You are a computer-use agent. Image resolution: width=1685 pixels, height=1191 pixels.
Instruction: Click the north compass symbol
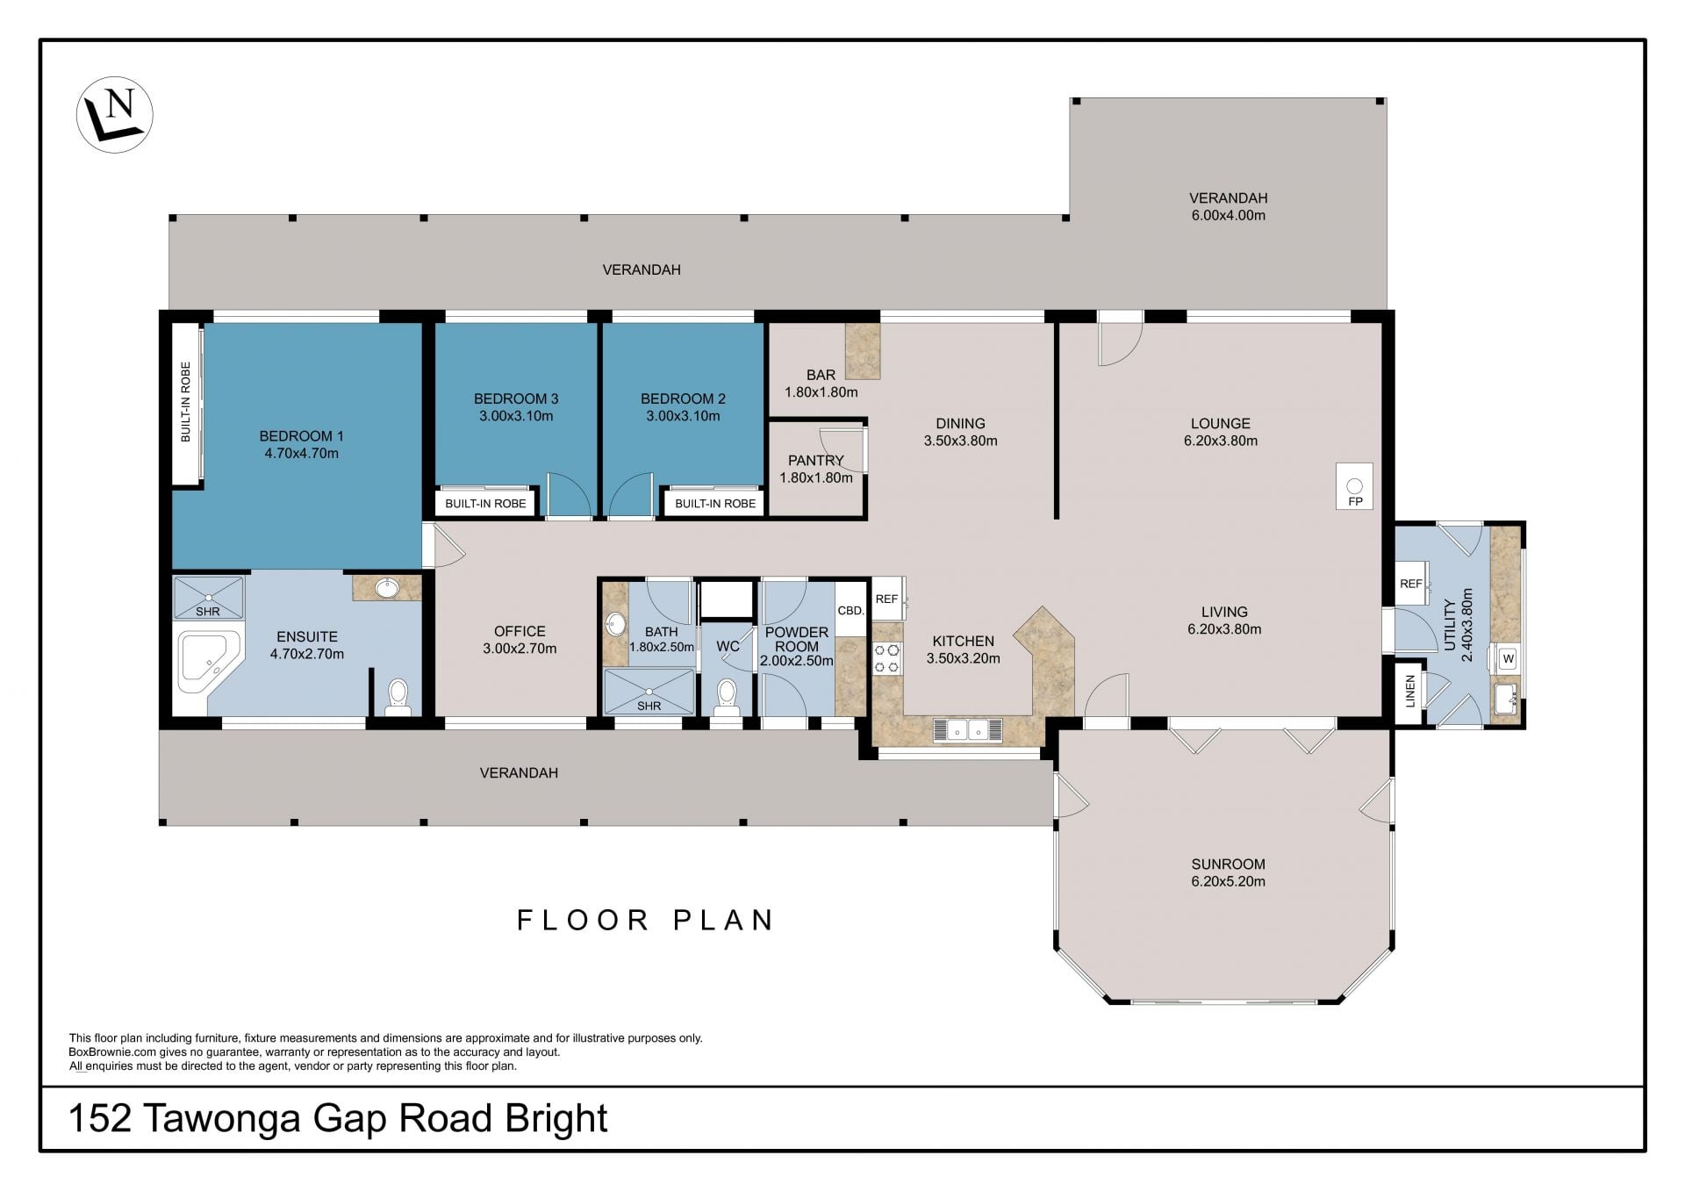(115, 115)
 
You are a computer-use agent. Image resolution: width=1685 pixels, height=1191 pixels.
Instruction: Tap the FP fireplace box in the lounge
(1355, 486)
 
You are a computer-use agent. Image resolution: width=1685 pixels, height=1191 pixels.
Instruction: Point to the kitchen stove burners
(887, 658)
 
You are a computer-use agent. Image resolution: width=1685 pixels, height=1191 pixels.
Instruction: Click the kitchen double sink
(968, 729)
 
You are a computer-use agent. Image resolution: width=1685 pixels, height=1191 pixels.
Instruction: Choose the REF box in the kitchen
(887, 599)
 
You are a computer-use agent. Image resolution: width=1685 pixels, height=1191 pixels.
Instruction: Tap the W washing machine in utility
(1508, 657)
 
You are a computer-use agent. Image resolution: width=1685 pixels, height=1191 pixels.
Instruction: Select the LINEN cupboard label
(1410, 691)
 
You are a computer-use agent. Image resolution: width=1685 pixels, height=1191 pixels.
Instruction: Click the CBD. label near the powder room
(850, 610)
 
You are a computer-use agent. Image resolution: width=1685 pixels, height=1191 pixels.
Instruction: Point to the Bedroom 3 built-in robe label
(485, 504)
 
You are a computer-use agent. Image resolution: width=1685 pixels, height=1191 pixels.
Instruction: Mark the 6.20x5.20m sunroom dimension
(1228, 881)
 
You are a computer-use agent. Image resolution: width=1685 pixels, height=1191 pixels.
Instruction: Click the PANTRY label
(815, 460)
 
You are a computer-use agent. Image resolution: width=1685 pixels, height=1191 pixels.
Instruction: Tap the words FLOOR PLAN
(645, 920)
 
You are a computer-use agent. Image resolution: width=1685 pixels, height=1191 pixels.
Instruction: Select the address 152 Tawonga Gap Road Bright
(338, 1118)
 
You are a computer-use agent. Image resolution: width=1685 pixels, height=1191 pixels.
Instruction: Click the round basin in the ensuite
(387, 587)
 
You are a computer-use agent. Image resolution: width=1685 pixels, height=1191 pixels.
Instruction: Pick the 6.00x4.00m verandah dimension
(1228, 215)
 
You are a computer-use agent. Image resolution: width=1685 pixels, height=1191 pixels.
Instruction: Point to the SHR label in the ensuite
(208, 612)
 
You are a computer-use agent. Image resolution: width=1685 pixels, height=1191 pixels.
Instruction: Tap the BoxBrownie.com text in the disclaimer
(106, 1052)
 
